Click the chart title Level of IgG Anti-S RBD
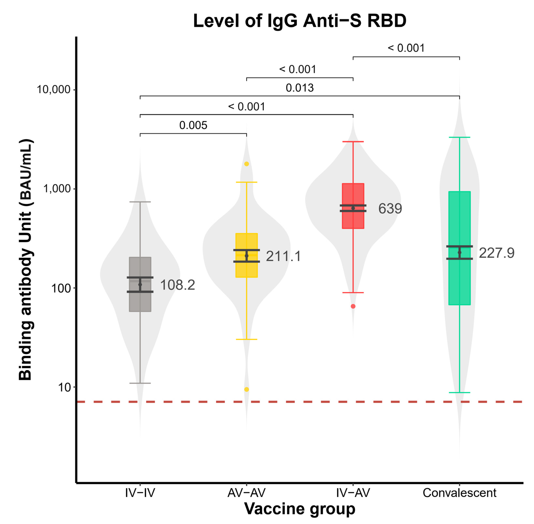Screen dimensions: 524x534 pyautogui.click(x=300, y=21)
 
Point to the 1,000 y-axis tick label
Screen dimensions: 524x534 pyautogui.click(x=57, y=189)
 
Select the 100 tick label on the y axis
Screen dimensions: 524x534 pyautogui.click(x=61, y=288)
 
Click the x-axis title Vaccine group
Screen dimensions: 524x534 pyautogui.click(x=300, y=509)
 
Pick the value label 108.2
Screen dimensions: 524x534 pyautogui.click(x=177, y=285)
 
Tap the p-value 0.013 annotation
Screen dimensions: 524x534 pyautogui.click(x=300, y=88)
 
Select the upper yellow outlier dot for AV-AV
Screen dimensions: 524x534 pyautogui.click(x=247, y=164)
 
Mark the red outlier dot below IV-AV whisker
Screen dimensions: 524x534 pyautogui.click(x=353, y=306)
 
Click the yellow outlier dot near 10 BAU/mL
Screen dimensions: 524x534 pyautogui.click(x=247, y=389)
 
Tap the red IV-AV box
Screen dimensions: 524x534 pyautogui.click(x=353, y=195)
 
